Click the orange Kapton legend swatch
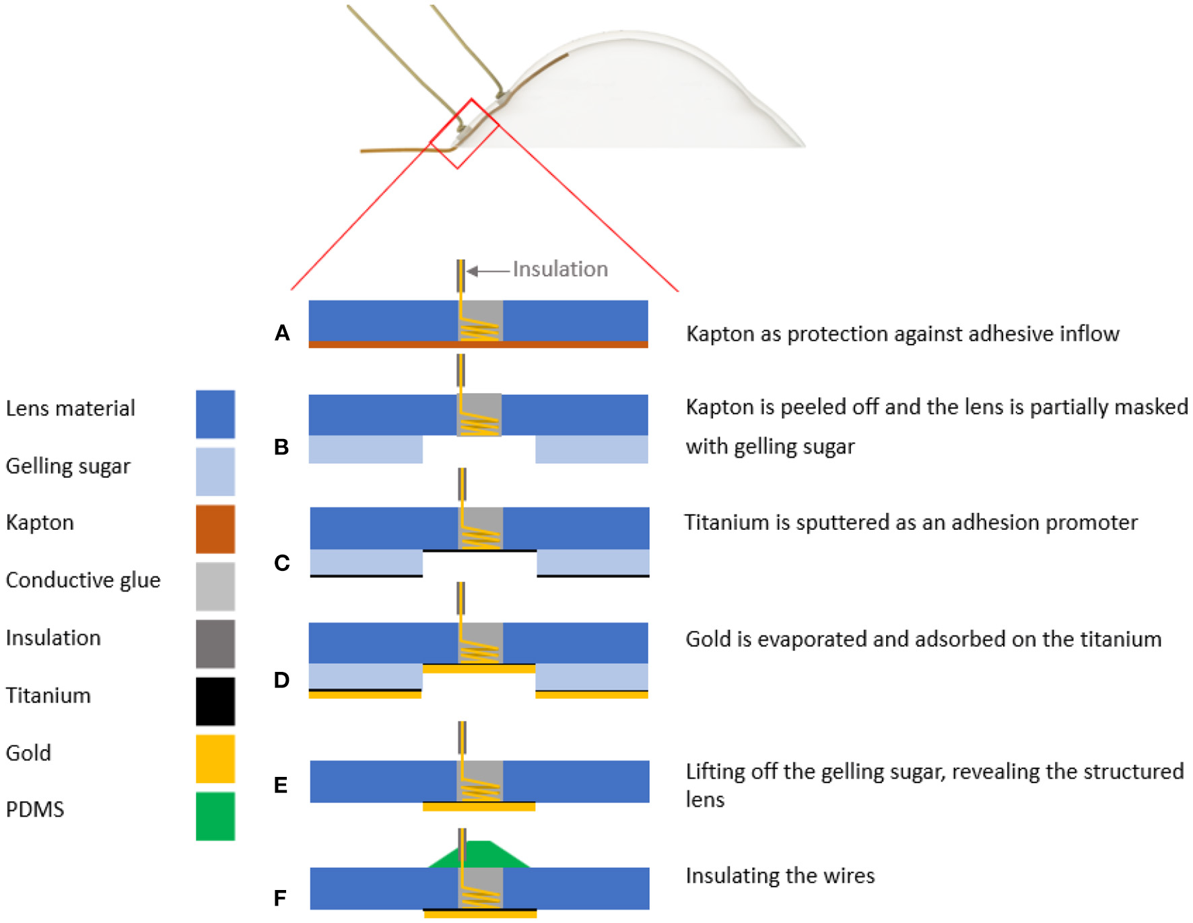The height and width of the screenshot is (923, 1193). click(215, 528)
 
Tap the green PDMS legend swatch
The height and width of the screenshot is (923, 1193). click(215, 816)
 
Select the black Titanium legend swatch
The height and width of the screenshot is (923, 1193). click(215, 701)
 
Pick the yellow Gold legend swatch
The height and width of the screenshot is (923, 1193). click(215, 759)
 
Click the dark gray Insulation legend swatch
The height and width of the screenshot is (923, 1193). click(215, 644)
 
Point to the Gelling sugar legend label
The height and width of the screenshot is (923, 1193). click(68, 466)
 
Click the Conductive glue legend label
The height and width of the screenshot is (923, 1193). click(83, 580)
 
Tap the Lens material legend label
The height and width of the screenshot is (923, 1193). click(71, 408)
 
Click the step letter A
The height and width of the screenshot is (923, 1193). click(282, 333)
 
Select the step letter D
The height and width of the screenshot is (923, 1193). click(281, 680)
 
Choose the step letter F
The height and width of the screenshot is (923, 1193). click(280, 897)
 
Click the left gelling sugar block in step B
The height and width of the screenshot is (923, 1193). click(366, 449)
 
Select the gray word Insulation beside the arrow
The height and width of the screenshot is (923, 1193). click(560, 269)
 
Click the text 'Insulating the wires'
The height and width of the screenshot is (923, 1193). click(780, 875)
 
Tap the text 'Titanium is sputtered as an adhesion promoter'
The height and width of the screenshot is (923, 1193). click(911, 522)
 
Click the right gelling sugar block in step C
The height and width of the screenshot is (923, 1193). click(592, 562)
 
